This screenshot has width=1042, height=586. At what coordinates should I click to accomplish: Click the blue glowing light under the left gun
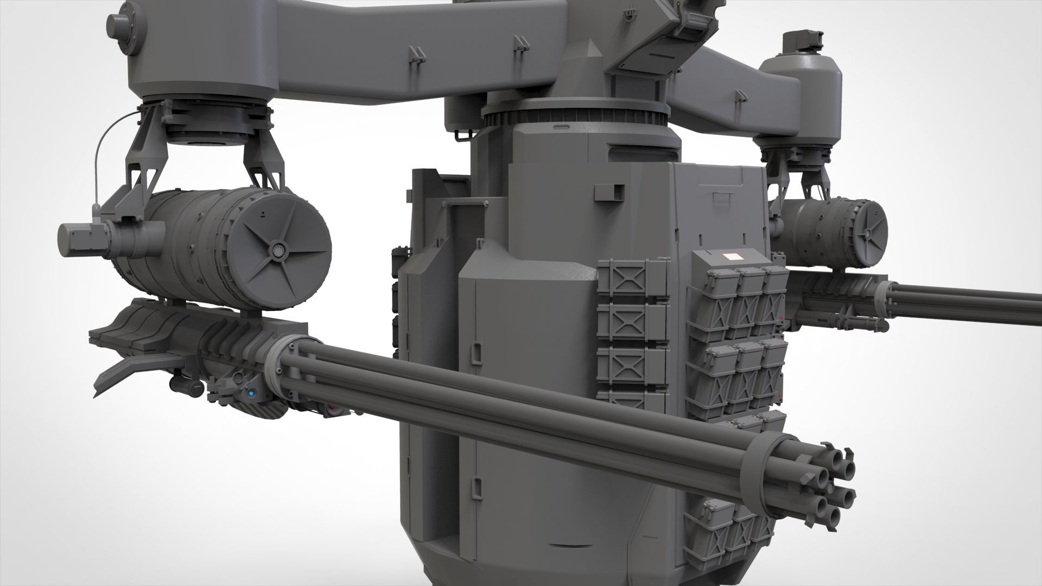[251, 394]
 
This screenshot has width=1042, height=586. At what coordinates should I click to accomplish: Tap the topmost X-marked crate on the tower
[632, 280]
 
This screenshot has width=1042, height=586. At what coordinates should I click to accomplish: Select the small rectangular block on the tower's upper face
[609, 190]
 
